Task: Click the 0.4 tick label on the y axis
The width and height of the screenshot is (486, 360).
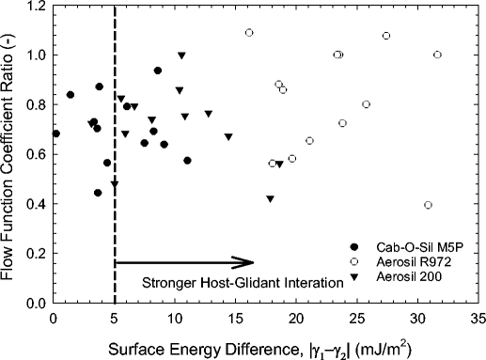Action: click(37, 204)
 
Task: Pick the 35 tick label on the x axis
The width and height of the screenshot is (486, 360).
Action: click(478, 318)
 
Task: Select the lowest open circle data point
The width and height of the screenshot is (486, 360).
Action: click(429, 205)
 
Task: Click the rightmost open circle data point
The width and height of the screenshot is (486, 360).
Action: click(437, 55)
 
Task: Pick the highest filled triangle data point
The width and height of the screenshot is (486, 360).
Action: click(181, 55)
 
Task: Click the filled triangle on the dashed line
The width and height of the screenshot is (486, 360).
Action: click(115, 185)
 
